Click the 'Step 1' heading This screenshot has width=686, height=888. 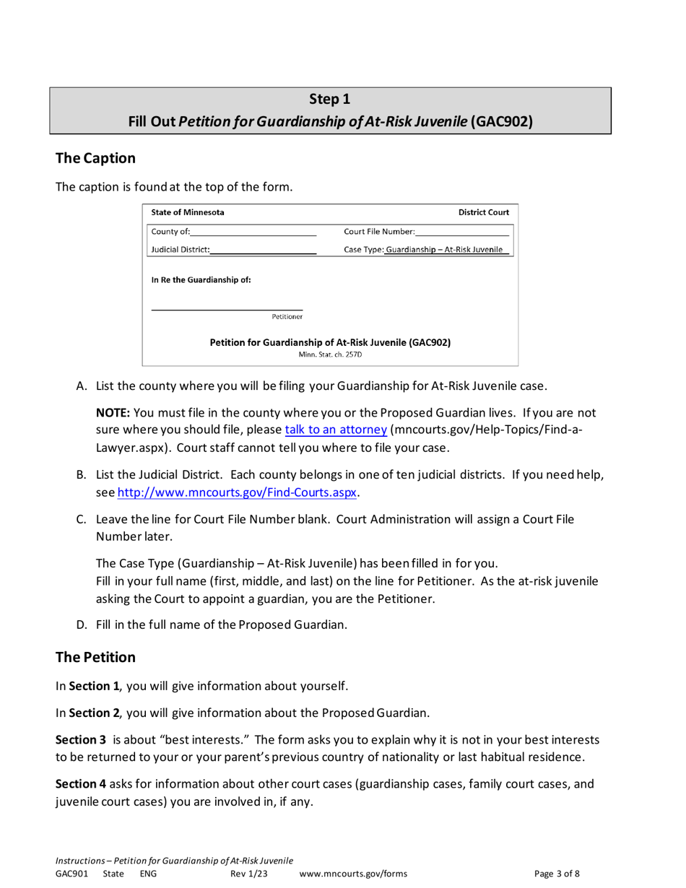point(330,99)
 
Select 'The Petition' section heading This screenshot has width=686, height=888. point(95,657)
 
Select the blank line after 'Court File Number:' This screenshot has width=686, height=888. point(462,232)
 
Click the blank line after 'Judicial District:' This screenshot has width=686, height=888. point(264,251)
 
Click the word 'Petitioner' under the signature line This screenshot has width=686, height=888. point(287,316)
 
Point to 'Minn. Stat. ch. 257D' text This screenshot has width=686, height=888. point(330,354)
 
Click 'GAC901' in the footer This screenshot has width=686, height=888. point(71,874)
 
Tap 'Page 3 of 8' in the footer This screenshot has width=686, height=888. point(557,874)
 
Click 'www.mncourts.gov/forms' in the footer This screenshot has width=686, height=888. point(352,874)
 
